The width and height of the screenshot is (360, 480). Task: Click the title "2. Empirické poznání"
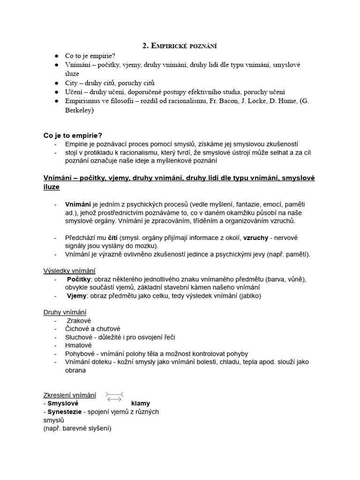tap(180, 45)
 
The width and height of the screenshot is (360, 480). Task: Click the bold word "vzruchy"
tap(255, 238)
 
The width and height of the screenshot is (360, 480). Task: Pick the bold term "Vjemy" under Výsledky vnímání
tap(77, 296)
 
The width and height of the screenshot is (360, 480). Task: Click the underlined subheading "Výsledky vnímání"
tap(69, 270)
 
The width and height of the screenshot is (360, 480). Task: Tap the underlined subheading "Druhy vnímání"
tap(65, 312)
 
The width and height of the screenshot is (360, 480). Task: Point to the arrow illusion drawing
tap(114, 396)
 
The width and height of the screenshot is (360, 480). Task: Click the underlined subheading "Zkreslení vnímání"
tap(69, 395)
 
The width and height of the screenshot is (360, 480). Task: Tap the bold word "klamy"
tap(141, 403)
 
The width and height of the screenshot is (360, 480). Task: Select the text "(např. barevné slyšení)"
tap(77, 428)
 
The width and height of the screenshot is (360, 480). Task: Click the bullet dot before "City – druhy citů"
tap(56, 83)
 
